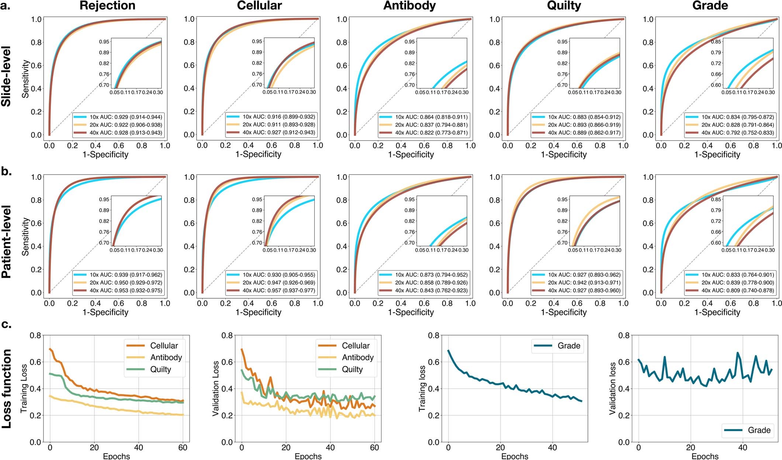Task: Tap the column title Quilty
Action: pos(564,6)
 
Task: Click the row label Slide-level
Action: pos(6,76)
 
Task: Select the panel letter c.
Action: pos(6,325)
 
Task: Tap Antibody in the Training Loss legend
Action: pos(166,357)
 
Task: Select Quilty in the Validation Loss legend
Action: pos(352,369)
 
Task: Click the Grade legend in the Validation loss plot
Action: pos(759,430)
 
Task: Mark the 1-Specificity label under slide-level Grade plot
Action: pos(717,155)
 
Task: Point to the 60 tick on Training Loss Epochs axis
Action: pos(183,447)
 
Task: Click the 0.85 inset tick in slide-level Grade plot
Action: pos(716,42)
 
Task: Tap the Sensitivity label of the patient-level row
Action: pos(25,236)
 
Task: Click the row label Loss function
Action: pos(6,389)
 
